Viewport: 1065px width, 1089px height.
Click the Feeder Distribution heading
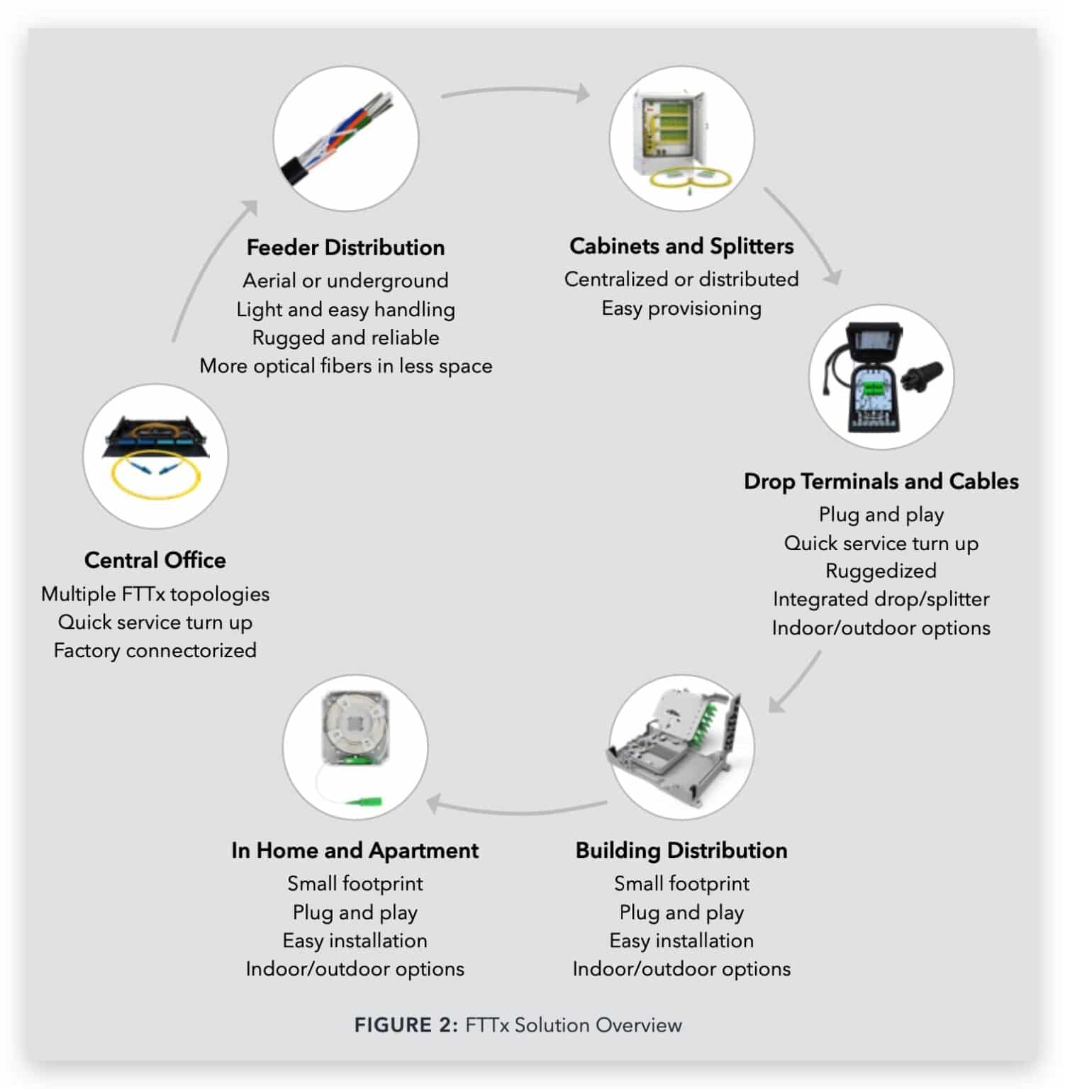345,247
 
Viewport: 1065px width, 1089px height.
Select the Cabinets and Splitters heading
681,246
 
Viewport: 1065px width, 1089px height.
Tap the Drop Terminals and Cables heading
881,481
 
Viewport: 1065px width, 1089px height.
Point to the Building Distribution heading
681,850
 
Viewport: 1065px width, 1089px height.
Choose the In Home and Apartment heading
355,850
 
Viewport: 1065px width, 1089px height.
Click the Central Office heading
155,560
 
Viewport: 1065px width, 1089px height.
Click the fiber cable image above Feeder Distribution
346,138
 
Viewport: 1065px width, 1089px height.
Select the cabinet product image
681,138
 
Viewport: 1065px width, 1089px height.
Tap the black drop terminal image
881,376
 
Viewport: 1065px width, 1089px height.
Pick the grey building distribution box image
681,747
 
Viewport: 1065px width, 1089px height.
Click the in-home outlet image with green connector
355,747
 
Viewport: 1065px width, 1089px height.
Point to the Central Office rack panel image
155,456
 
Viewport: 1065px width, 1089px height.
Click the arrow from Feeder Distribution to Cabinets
515,91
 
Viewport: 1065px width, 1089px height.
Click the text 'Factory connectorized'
155,650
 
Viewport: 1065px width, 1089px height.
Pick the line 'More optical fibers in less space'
345,366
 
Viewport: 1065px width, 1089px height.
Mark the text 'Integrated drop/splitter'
881,599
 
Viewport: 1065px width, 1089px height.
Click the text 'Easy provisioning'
681,308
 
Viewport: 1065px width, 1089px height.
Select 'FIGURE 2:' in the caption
406,1025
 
